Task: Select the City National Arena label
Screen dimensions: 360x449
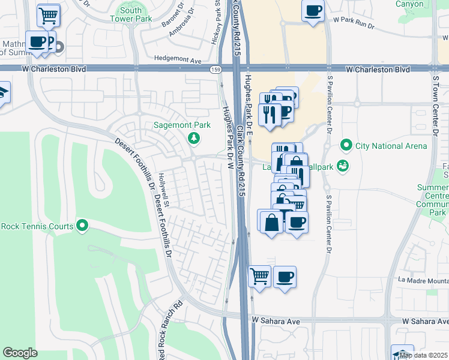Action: coord(391,146)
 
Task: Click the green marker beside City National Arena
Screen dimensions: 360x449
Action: coord(346,145)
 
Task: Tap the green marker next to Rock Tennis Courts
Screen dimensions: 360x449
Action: coord(83,226)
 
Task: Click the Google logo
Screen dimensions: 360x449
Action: coord(20,353)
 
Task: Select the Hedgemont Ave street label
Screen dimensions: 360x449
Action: coord(178,61)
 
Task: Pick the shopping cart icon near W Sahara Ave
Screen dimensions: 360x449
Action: coord(259,276)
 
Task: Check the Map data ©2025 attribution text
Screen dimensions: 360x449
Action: coord(423,355)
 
